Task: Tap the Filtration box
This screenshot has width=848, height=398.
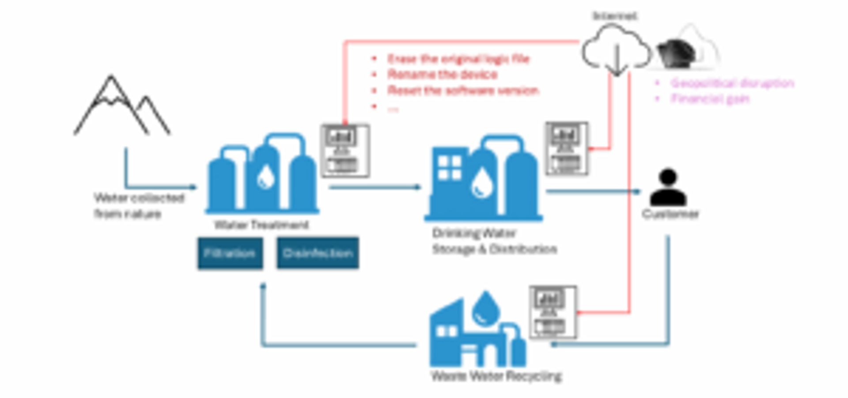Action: (230, 253)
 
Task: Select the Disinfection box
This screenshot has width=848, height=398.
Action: (318, 253)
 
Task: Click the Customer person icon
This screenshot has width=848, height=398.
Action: (668, 187)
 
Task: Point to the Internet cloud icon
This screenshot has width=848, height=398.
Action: (616, 50)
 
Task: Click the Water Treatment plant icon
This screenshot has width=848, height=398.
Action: (262, 174)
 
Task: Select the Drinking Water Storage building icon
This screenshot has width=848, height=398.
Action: (483, 178)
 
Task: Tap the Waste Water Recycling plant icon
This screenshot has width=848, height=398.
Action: (477, 331)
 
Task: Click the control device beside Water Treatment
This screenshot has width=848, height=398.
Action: (345, 150)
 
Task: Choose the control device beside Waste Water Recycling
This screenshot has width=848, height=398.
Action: (553, 312)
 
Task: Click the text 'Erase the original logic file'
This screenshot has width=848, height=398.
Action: (458, 59)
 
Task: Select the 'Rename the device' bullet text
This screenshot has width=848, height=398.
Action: (442, 74)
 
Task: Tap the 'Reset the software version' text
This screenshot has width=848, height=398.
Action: (463, 90)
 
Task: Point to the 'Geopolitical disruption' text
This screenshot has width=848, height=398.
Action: (732, 83)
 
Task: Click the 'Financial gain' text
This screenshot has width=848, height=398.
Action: (710, 99)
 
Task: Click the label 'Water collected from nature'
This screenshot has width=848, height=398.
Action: (139, 206)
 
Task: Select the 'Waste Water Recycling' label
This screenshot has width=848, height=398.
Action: (496, 376)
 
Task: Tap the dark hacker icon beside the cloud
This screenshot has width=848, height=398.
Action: (677, 53)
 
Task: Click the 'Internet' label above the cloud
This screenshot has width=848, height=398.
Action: (615, 16)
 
